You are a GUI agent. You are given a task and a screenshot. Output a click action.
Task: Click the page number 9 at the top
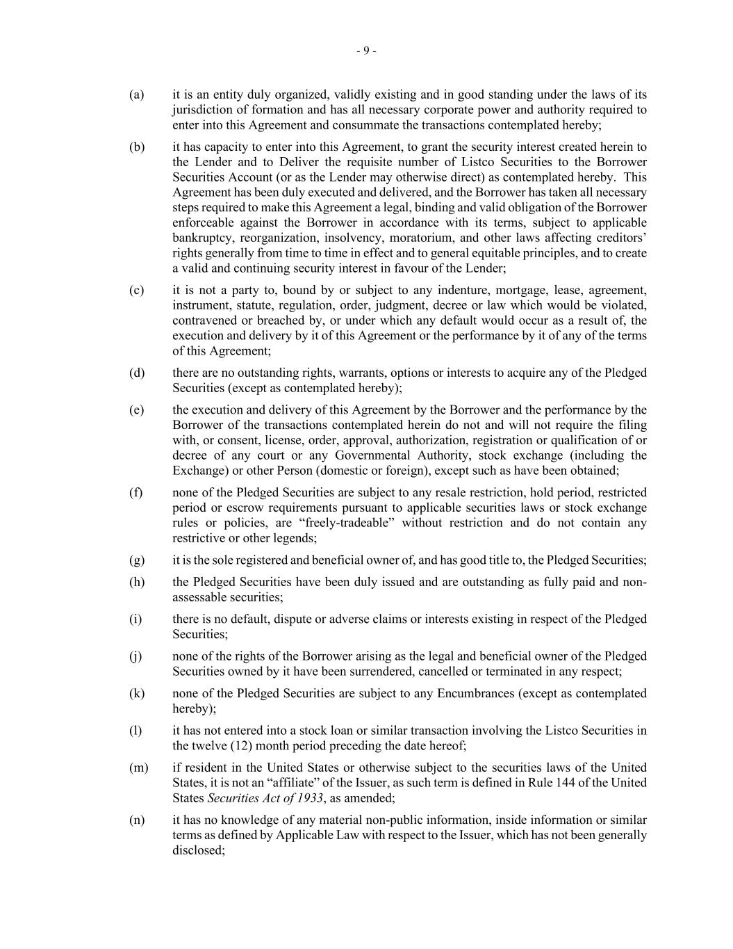click(x=366, y=51)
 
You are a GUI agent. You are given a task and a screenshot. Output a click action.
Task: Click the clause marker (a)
click(x=136, y=95)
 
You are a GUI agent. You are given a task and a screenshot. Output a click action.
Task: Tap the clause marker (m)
click(x=138, y=768)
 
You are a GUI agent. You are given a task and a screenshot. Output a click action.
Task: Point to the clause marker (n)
click(x=137, y=820)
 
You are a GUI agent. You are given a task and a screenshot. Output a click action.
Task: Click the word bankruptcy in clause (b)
click(x=202, y=238)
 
